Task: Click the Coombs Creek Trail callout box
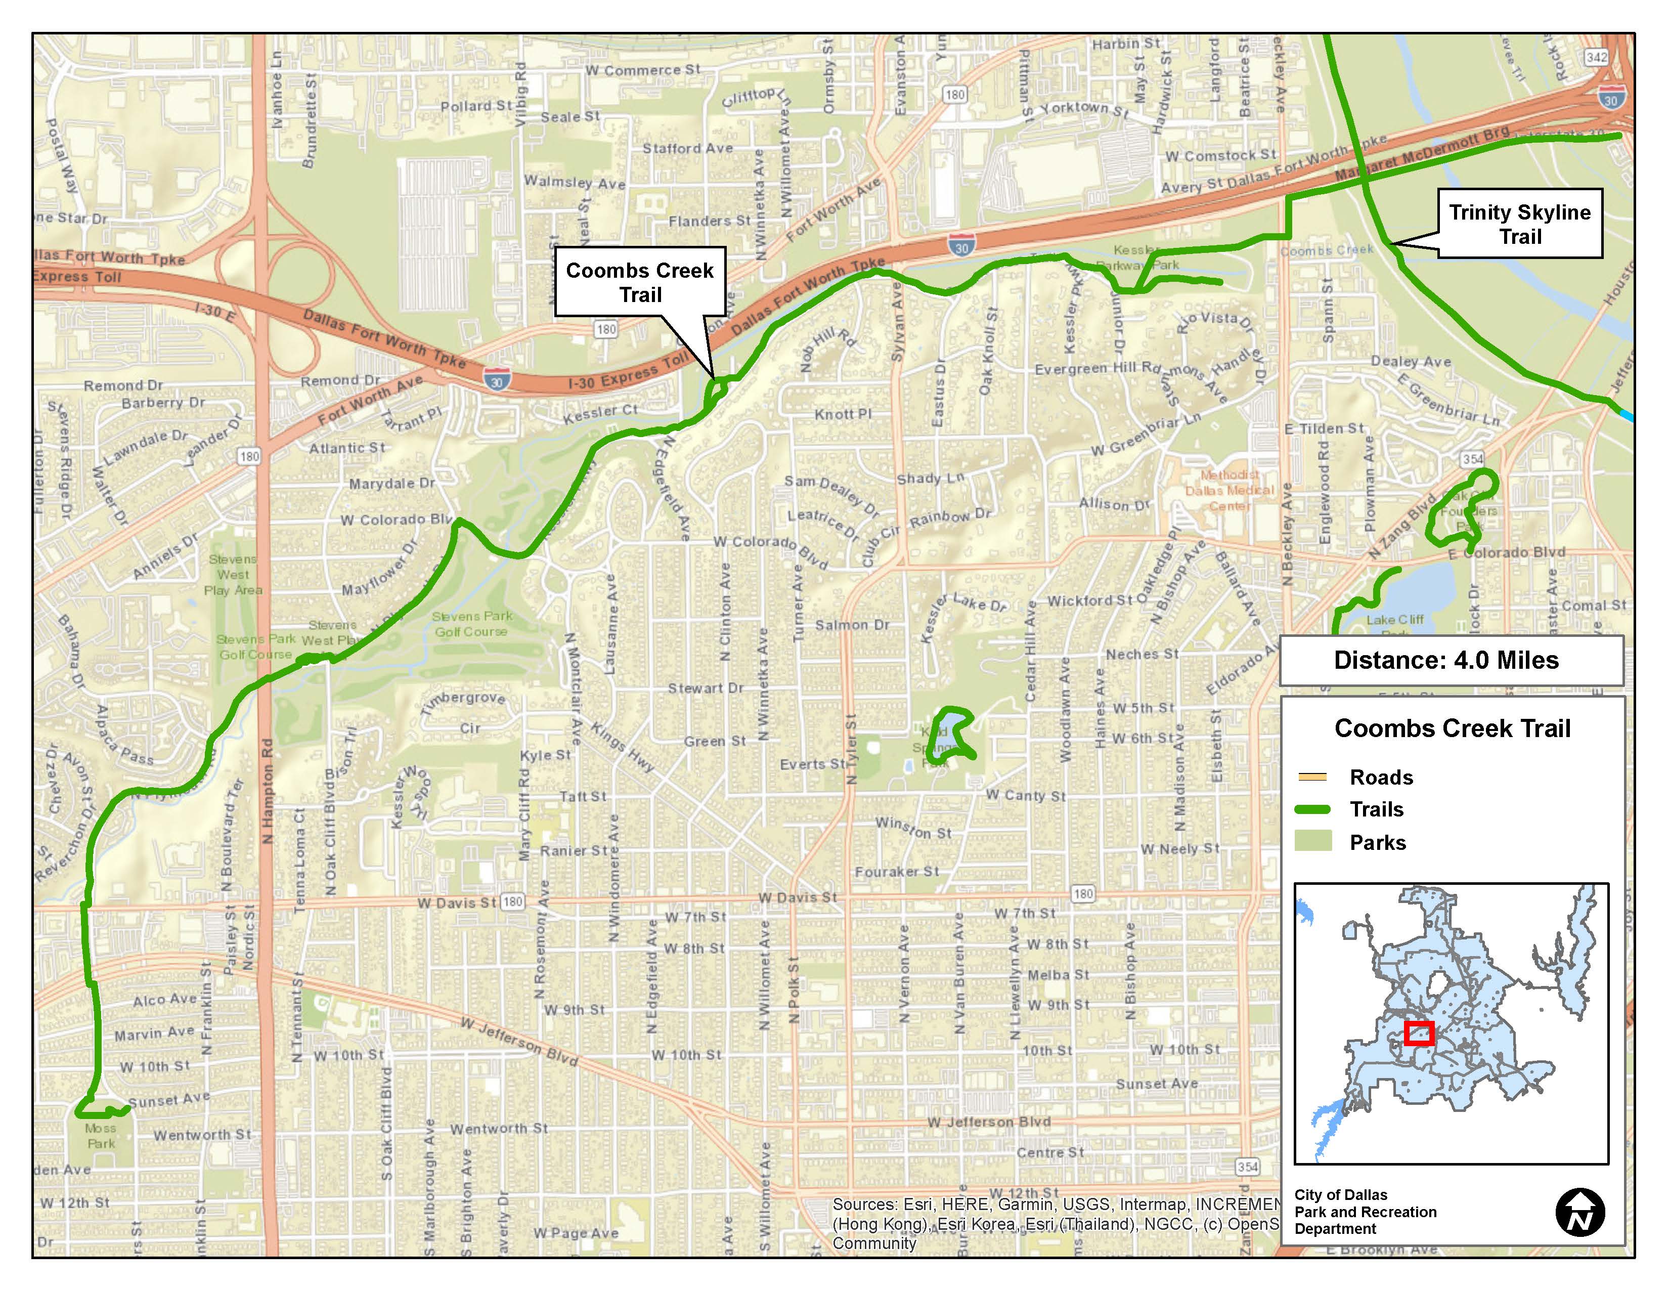640,281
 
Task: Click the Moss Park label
101,1136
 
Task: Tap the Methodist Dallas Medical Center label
1229,490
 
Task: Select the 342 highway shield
1596,57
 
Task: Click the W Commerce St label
643,70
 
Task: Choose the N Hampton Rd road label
268,791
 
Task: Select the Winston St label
913,828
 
